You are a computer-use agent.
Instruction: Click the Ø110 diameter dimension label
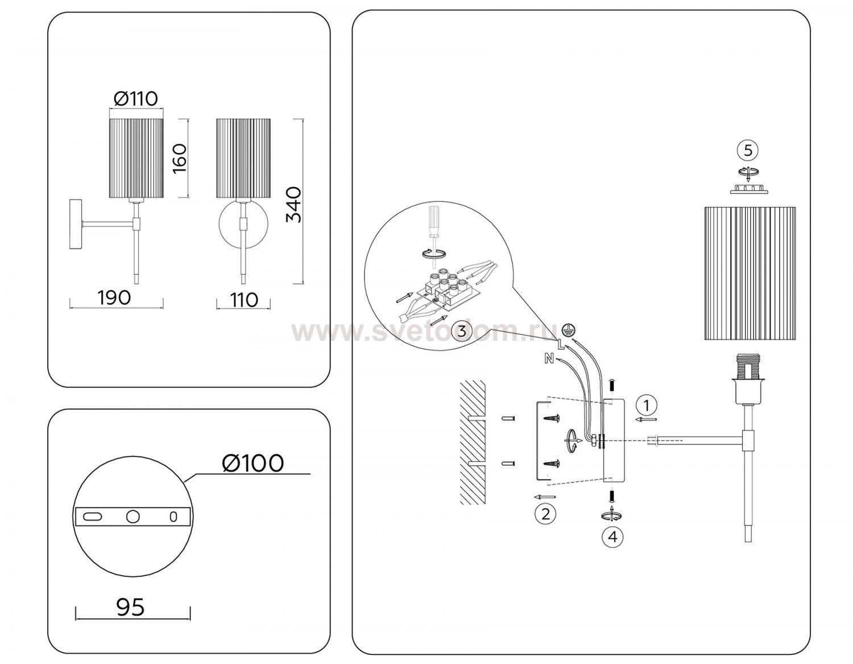point(135,98)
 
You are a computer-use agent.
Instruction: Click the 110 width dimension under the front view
point(244,299)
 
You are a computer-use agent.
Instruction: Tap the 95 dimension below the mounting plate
point(131,608)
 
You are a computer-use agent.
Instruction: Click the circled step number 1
point(645,405)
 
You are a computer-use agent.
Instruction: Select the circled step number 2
point(545,514)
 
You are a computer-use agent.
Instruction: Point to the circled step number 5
point(748,151)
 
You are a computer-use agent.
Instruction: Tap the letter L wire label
point(560,344)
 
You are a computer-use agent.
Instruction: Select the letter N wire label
point(549,358)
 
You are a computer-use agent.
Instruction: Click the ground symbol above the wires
point(567,329)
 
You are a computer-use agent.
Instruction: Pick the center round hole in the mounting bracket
point(132,516)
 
